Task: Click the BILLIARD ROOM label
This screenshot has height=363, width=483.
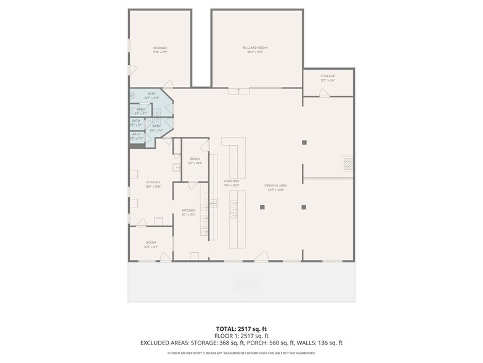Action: point(254,48)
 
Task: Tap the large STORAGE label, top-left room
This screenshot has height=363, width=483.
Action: point(160,48)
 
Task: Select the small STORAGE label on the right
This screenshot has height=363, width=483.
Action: point(327,77)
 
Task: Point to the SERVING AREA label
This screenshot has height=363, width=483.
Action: point(275,186)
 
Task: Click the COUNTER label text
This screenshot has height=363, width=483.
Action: point(232,181)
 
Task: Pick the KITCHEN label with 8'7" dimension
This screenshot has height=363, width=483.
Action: point(189,211)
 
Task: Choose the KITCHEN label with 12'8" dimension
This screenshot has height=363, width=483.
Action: point(153,183)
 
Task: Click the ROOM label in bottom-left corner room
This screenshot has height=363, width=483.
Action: point(151,243)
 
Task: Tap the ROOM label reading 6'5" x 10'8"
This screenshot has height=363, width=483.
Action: point(195,159)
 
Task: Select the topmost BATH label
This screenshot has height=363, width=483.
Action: point(152,94)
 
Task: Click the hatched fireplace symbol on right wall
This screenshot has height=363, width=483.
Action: point(348,164)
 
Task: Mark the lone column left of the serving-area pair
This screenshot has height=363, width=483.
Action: point(262,207)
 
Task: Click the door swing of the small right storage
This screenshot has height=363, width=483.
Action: point(324,93)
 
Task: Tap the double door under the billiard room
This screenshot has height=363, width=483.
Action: point(239,91)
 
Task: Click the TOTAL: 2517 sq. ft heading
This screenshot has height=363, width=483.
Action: point(241,328)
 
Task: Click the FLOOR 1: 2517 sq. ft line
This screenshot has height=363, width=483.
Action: point(241,335)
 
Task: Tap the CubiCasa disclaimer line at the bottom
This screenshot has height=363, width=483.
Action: point(241,353)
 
